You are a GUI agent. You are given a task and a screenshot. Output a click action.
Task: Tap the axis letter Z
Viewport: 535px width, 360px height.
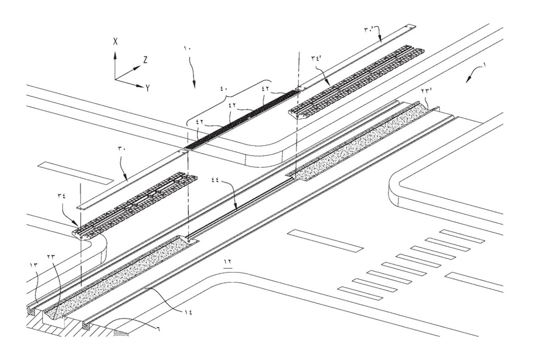(145, 59)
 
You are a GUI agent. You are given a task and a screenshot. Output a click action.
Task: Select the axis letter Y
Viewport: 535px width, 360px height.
(148, 87)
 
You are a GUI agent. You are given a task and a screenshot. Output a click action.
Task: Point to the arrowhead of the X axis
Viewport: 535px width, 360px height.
(115, 51)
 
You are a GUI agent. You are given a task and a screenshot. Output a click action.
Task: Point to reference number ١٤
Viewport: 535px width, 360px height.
(187, 312)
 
